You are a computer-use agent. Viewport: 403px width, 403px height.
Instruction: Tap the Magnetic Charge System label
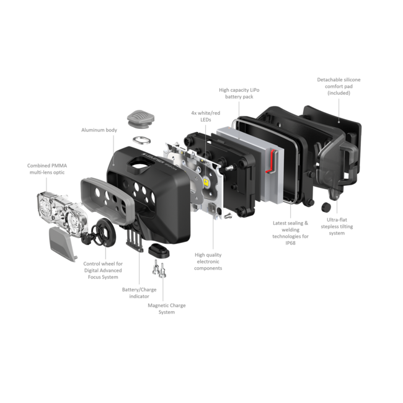pos(167,308)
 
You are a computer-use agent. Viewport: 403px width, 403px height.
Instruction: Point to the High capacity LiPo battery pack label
pos(239,94)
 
